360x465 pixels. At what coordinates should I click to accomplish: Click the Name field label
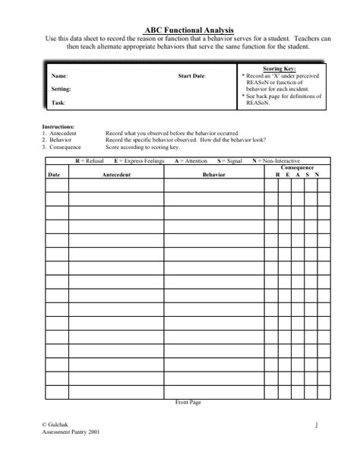tap(59, 77)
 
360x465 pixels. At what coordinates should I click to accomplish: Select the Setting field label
tap(62, 89)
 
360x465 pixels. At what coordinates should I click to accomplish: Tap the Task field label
tap(58, 102)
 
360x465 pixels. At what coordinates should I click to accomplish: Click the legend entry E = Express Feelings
tap(137, 161)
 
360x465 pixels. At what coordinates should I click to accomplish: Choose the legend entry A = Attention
tap(191, 161)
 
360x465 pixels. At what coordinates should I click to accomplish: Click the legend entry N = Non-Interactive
tap(282, 161)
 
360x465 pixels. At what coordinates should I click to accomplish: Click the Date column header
tap(54, 175)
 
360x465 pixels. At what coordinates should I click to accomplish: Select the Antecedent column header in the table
tap(117, 175)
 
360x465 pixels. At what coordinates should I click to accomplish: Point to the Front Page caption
tap(187, 401)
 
